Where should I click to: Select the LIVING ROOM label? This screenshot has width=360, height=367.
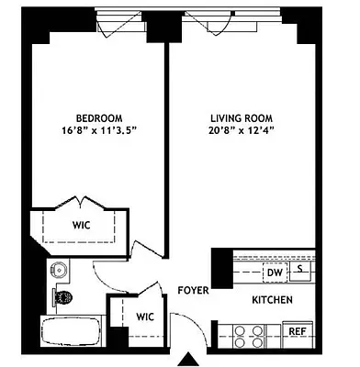click(235, 117)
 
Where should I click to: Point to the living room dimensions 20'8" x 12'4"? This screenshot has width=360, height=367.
click(235, 130)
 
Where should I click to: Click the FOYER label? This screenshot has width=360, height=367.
click(193, 291)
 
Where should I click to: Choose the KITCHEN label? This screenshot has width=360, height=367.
click(273, 300)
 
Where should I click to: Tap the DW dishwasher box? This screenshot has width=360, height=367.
click(274, 272)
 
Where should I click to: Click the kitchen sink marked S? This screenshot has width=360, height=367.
click(300, 271)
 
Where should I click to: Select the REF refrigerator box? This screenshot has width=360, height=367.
click(297, 331)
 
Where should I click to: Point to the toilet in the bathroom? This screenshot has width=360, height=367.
click(62, 296)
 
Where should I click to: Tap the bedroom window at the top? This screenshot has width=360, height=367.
click(119, 17)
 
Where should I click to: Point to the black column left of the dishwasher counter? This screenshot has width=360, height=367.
click(220, 269)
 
